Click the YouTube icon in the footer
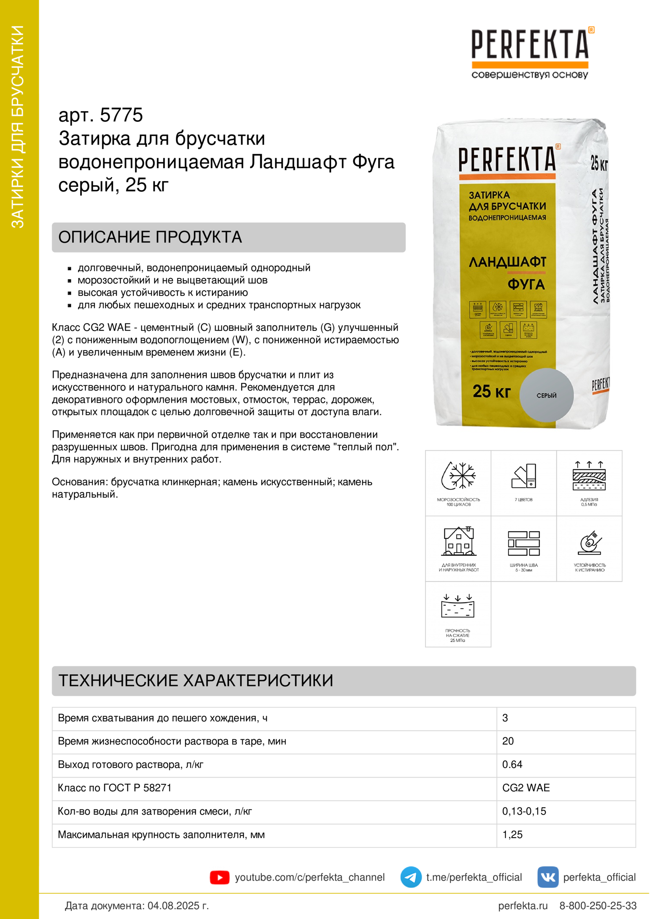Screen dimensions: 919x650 219,877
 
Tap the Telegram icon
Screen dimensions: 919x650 411,877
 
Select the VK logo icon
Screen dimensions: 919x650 548,877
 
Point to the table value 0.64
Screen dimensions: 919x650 512,765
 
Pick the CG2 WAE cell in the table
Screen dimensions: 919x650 526,788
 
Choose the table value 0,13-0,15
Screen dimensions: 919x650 524,811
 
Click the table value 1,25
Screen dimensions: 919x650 512,835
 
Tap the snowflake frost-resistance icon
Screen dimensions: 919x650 458,476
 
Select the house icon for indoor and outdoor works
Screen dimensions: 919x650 458,541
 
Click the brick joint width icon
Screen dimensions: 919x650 523,543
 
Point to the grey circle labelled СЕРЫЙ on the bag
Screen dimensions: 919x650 546,394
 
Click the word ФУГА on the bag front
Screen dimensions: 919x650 526,284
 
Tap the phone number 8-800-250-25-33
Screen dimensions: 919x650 598,906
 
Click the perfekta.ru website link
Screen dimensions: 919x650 523,906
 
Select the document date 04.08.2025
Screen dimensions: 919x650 178,906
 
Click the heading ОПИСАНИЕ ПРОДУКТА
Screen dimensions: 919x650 150,237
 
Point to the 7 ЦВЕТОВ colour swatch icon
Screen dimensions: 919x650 523,476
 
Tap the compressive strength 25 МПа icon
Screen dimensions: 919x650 458,607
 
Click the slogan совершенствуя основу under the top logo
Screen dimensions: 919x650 529,75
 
